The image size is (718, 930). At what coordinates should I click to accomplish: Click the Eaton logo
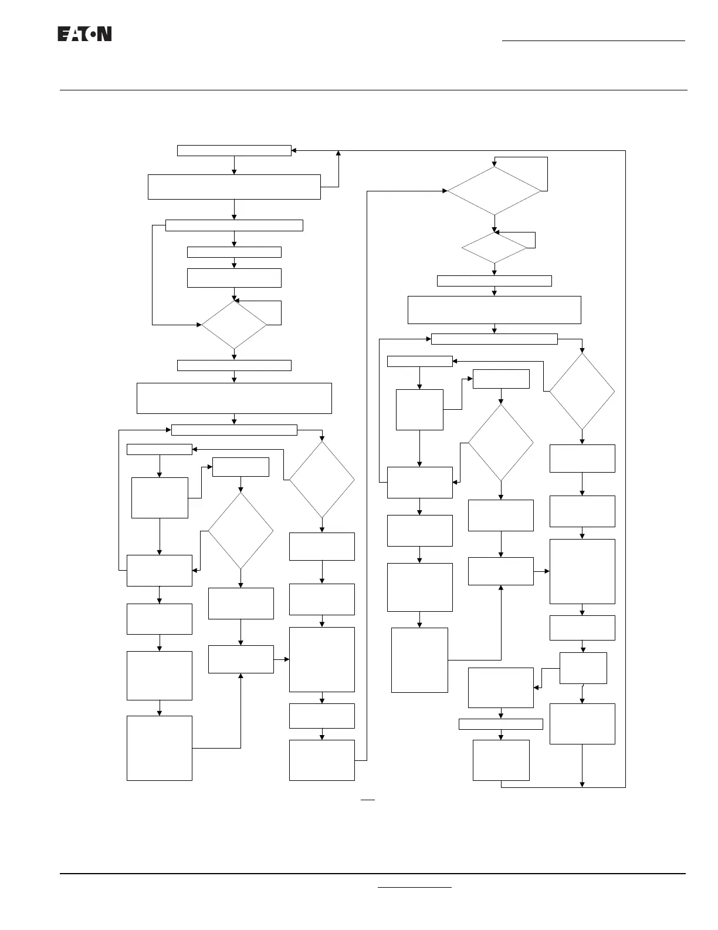click(x=84, y=34)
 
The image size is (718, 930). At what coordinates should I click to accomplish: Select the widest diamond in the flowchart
click(x=494, y=191)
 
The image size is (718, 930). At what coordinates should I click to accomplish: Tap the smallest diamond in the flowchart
click(x=494, y=248)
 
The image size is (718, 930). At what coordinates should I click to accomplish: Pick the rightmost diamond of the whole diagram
click(x=582, y=391)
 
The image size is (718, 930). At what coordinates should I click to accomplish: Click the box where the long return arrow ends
click(x=234, y=150)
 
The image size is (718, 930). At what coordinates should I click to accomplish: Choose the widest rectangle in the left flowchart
click(x=234, y=398)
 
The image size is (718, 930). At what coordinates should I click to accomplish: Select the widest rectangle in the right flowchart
click(x=494, y=309)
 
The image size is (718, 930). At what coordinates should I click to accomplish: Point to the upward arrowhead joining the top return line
click(x=338, y=153)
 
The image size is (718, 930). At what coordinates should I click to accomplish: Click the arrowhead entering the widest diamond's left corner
click(x=444, y=191)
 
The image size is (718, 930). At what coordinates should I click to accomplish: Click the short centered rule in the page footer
click(x=415, y=888)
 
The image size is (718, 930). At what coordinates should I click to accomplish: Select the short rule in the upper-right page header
click(x=593, y=41)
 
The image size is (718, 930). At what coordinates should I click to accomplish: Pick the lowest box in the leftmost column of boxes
click(x=160, y=747)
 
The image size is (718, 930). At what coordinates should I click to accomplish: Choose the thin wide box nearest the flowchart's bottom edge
click(x=500, y=724)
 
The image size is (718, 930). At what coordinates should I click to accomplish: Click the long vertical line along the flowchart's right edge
click(x=625, y=470)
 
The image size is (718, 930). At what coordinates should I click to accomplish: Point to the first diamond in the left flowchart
click(x=234, y=325)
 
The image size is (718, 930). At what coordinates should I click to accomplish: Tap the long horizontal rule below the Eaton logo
click(x=373, y=90)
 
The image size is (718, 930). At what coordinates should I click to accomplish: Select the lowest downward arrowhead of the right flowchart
click(x=582, y=784)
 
